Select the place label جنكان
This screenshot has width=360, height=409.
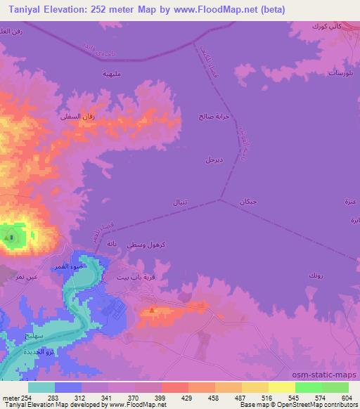point(248,202)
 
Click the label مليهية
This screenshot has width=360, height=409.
point(112,74)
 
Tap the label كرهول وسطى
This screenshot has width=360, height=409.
point(147,244)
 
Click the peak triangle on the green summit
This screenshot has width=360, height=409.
point(8,238)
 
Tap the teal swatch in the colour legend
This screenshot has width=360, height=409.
point(42,387)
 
